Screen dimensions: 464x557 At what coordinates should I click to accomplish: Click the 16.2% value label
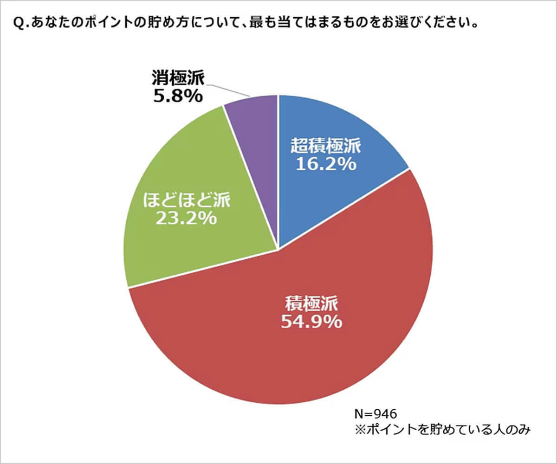point(326,164)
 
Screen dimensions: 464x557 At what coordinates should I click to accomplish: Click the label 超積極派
point(326,147)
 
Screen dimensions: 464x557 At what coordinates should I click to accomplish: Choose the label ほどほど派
point(186,200)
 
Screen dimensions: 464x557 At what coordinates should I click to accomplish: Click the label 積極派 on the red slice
point(311,304)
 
